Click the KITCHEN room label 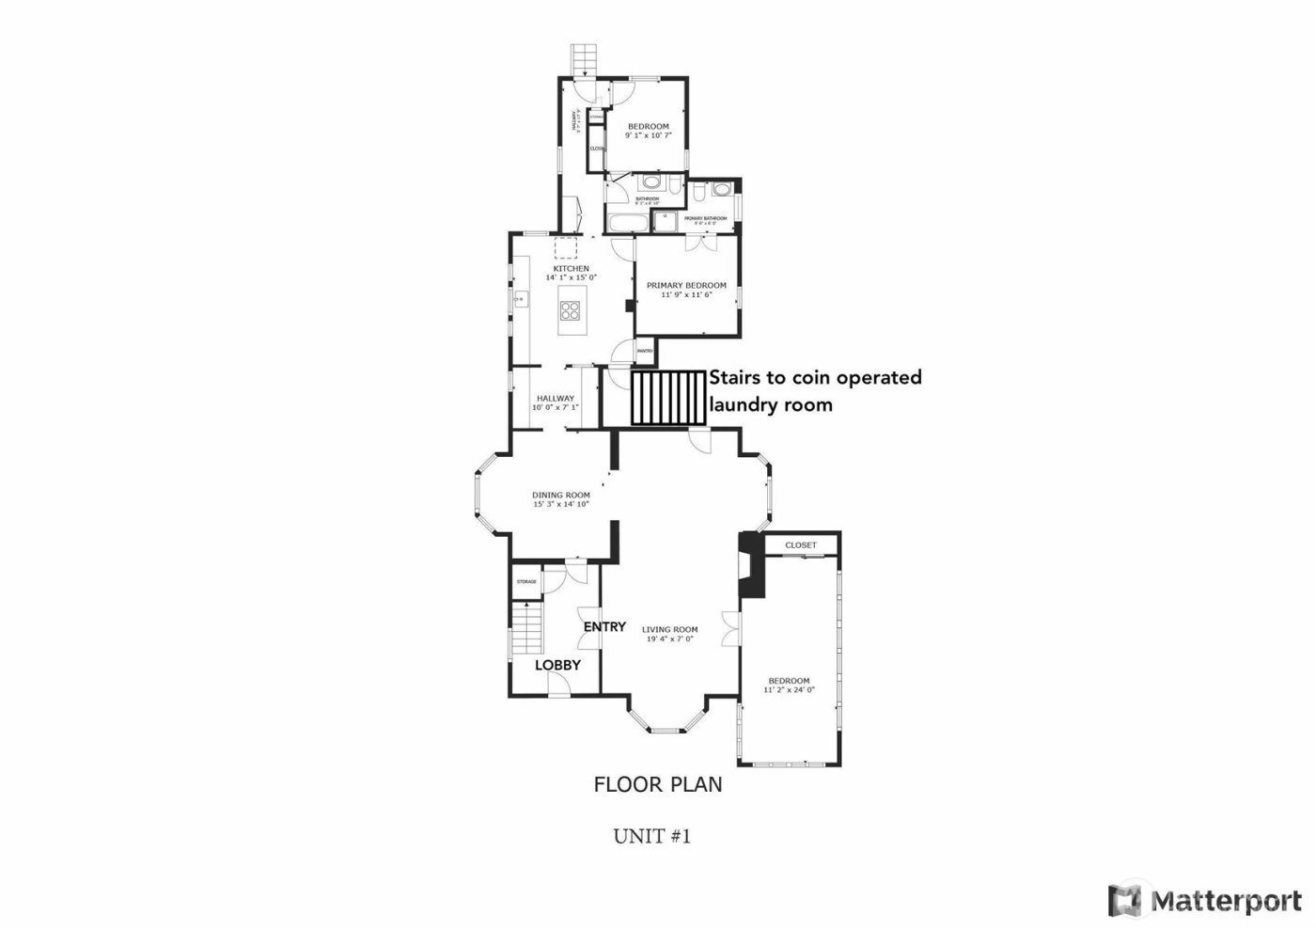pos(571,269)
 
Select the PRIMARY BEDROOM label pos(686,285)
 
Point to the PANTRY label pos(645,351)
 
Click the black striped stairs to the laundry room pos(668,397)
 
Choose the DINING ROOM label pos(561,496)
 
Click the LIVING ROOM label pos(669,630)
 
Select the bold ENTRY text pos(604,627)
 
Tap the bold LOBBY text pos(557,665)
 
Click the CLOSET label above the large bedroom pos(801,545)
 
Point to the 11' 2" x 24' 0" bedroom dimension pos(789,690)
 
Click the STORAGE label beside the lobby pos(526,582)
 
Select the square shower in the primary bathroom pos(666,220)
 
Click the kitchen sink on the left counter pos(519,300)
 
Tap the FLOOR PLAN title pos(658,783)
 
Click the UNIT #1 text pos(652,835)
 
